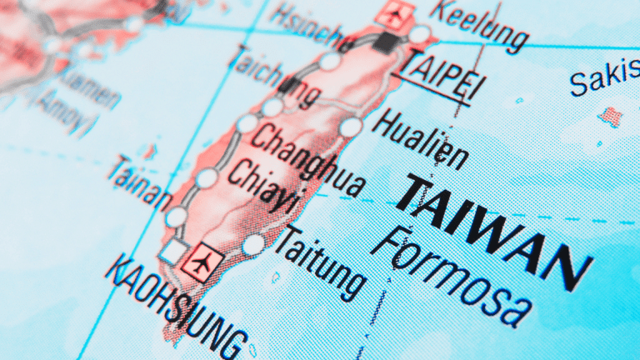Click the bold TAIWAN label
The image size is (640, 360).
click(492, 230)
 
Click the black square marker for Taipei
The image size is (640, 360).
click(386, 42)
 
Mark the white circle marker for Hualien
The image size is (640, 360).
click(352, 127)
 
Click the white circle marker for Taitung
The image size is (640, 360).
click(254, 245)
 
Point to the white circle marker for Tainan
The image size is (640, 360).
click(176, 217)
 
